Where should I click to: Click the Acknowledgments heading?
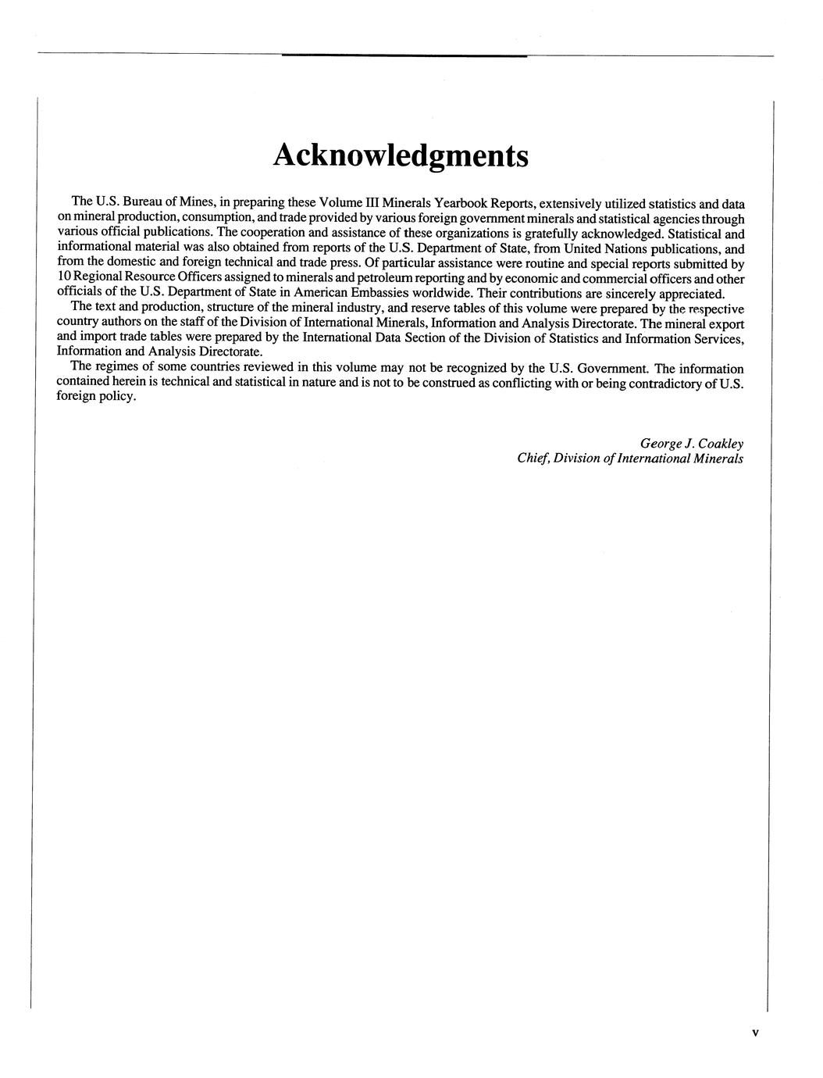click(x=401, y=155)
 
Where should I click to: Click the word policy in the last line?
click(x=117, y=398)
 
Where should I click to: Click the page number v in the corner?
click(x=755, y=1033)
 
